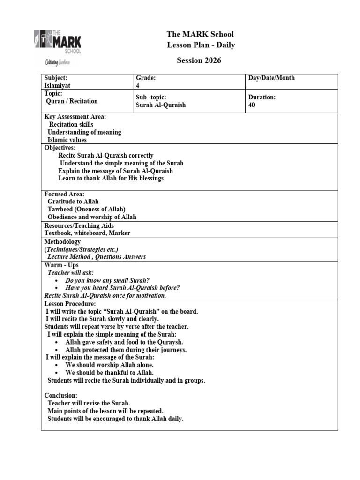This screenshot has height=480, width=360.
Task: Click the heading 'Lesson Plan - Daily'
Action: [201, 45]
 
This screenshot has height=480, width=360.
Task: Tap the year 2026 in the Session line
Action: [212, 60]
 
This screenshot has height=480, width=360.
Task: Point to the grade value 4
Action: [138, 86]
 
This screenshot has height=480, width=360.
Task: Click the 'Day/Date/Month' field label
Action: [271, 78]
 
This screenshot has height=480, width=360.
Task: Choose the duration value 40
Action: [252, 105]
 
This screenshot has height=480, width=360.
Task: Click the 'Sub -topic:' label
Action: [151, 97]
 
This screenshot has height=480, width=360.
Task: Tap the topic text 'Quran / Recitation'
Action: [72, 101]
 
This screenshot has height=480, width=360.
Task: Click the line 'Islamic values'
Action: [67, 140]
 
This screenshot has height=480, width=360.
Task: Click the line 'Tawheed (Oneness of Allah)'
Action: [87, 209]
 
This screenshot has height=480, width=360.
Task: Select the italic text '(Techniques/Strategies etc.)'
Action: [82, 249]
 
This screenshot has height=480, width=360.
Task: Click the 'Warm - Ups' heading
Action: [61, 265]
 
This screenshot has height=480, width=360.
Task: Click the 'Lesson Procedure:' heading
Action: [70, 304]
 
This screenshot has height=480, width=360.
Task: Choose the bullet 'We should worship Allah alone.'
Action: [109, 365]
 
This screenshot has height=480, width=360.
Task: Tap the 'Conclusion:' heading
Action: [61, 395]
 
